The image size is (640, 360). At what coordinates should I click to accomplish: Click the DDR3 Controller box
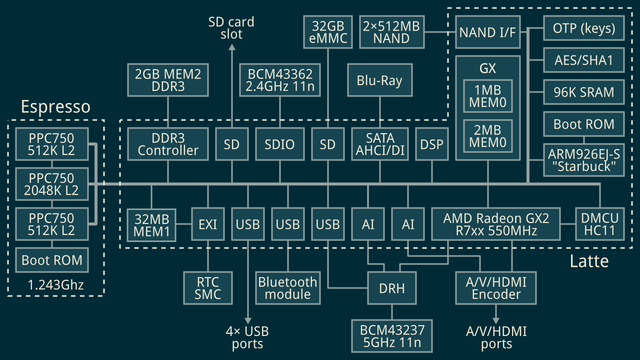pos(168,144)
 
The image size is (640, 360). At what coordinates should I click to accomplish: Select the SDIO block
pos(279,144)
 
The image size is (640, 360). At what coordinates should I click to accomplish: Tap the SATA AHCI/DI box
pos(380,144)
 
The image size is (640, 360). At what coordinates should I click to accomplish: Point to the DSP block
pos(431,144)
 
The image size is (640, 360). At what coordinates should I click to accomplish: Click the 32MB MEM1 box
pos(151,224)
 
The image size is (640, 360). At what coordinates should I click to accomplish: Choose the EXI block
pos(207,224)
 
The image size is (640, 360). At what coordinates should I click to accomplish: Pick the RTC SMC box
pos(207,287)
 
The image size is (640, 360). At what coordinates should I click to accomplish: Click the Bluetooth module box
pos(287,287)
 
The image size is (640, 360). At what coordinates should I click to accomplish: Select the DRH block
pos(391,287)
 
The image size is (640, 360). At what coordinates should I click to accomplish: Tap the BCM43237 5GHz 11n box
pos(391,336)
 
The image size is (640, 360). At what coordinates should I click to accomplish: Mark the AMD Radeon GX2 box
pos(495,224)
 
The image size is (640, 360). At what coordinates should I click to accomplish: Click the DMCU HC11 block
pos(599,224)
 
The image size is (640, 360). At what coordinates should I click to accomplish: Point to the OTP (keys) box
pos(583,28)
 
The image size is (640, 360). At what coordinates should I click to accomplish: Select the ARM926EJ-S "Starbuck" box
pos(583,160)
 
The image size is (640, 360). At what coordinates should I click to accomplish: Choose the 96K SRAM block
pos(583,92)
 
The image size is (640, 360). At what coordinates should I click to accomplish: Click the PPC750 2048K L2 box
pos(51,184)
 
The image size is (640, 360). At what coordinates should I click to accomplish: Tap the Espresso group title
pos(55,107)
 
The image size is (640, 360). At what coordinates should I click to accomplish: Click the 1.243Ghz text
pos(55,285)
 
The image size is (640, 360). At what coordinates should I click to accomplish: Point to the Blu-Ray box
pos(380,80)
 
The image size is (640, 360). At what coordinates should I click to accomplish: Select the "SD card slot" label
pos(231,28)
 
